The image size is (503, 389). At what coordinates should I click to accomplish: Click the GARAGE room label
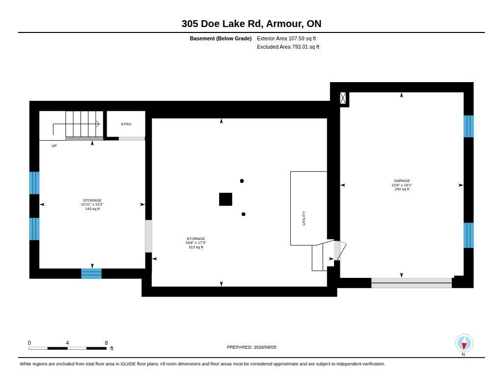point(402,181)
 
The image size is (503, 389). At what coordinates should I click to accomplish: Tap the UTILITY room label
point(304,218)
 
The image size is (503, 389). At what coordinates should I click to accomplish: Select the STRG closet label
point(126,124)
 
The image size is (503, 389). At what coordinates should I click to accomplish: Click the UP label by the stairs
point(54,146)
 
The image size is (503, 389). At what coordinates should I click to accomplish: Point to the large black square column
point(225,199)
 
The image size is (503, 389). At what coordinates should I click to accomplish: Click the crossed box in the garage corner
point(343,98)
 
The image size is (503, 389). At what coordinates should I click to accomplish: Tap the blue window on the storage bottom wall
point(91,274)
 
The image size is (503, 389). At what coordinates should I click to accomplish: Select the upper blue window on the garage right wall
point(468,126)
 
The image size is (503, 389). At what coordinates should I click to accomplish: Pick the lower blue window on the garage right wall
point(468,236)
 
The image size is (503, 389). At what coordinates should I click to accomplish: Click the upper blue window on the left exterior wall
point(34,183)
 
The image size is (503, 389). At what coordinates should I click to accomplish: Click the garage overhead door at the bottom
point(412,283)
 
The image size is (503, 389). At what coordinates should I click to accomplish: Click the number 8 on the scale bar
point(106,343)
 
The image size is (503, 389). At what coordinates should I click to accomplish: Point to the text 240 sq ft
point(402,189)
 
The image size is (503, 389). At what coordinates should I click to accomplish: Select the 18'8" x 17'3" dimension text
point(196,243)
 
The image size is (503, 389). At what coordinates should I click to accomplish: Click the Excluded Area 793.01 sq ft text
point(288,47)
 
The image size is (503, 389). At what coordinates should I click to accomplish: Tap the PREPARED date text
point(251,347)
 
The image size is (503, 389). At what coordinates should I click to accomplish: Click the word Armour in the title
point(284,24)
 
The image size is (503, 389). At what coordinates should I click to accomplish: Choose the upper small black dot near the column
point(242,181)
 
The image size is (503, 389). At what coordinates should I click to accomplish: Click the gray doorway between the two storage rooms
point(148,236)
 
